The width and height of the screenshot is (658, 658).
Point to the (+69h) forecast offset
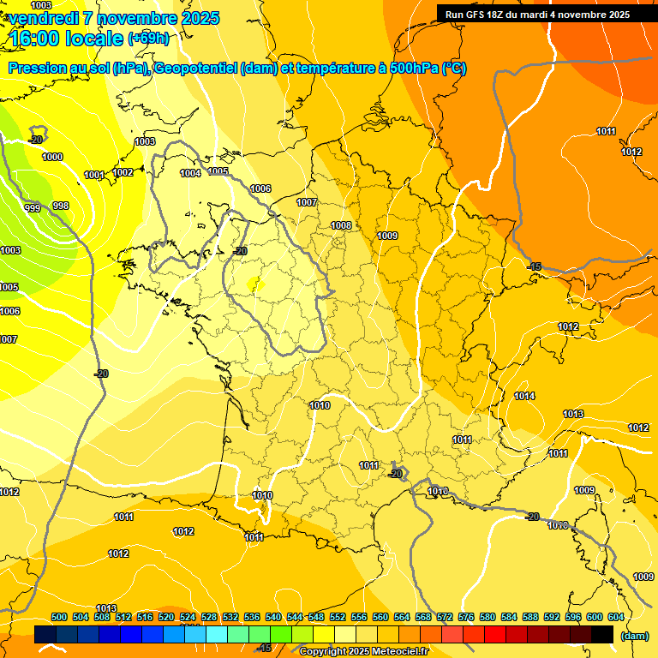pyautogui.click(x=148, y=39)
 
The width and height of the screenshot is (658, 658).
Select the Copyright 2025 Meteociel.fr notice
pyautogui.click(x=363, y=652)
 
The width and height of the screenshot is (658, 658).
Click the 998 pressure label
pyautogui.click(x=61, y=206)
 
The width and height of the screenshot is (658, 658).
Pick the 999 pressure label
pyautogui.click(x=33, y=208)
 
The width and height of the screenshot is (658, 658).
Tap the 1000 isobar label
pyautogui.click(x=52, y=157)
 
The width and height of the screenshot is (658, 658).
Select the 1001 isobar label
pyautogui.click(x=94, y=176)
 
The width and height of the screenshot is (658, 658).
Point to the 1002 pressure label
pyautogui.click(x=123, y=172)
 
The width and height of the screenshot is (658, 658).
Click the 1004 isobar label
pyautogui.click(x=190, y=173)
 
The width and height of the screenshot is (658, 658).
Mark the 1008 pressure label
pyautogui.click(x=341, y=225)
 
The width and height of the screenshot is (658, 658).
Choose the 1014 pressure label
pyautogui.click(x=524, y=396)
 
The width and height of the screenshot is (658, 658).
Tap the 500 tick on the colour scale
pyautogui.click(x=59, y=617)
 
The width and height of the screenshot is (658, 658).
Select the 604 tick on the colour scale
pyautogui.click(x=616, y=617)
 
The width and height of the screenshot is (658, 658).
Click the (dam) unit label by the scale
pyautogui.click(x=634, y=636)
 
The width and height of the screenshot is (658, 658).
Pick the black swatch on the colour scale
pyautogui.click(x=602, y=634)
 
